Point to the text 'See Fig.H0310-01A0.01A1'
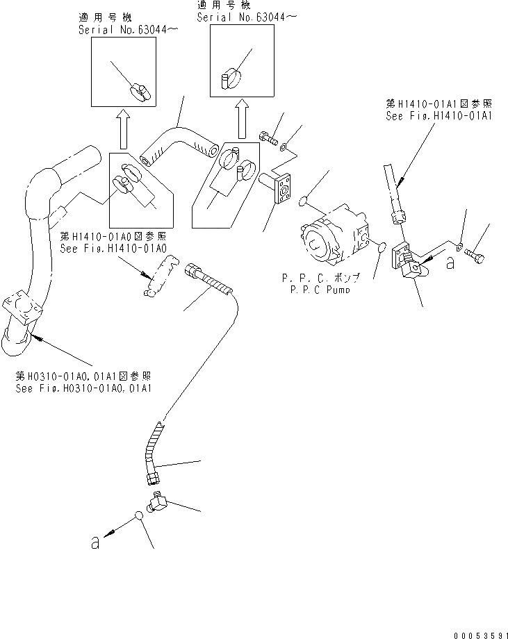pos(85,388)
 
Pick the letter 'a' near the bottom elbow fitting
pos(95,544)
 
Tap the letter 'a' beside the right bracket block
pos(451,263)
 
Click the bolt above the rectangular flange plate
pos(268,136)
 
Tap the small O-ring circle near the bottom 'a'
pos(140,517)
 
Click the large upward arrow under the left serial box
pos(122,128)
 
